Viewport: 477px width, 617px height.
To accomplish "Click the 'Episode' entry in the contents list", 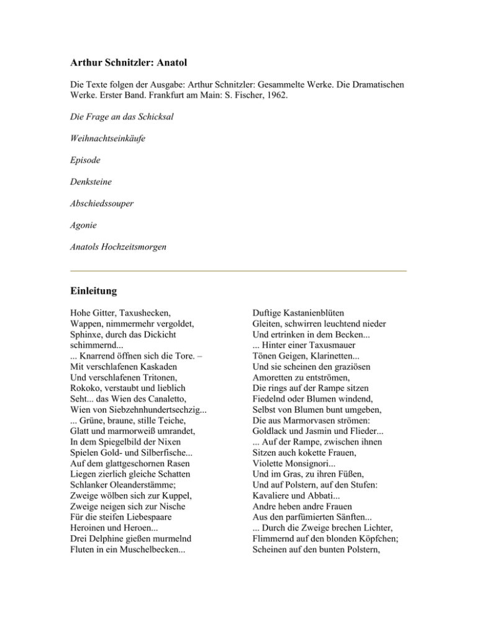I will click(x=85, y=160).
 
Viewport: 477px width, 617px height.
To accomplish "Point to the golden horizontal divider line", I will click(x=238, y=271).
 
